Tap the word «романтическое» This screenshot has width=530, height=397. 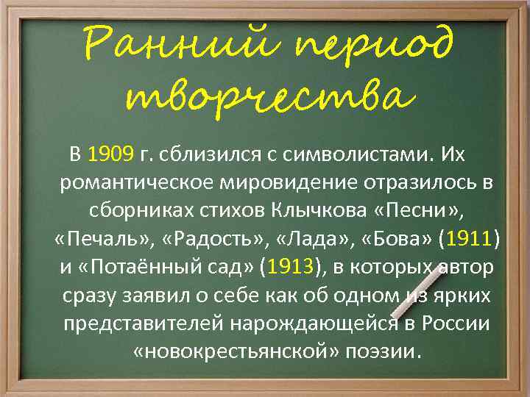142,183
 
